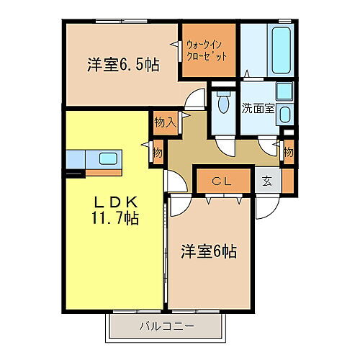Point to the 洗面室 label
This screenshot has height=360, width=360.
tap(258, 110)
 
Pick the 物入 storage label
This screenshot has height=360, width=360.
tap(165, 122)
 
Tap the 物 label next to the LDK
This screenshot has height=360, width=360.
tap(157, 153)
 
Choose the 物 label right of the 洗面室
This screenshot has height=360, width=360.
tap(288, 153)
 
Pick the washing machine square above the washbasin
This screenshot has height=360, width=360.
tap(284, 91)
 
